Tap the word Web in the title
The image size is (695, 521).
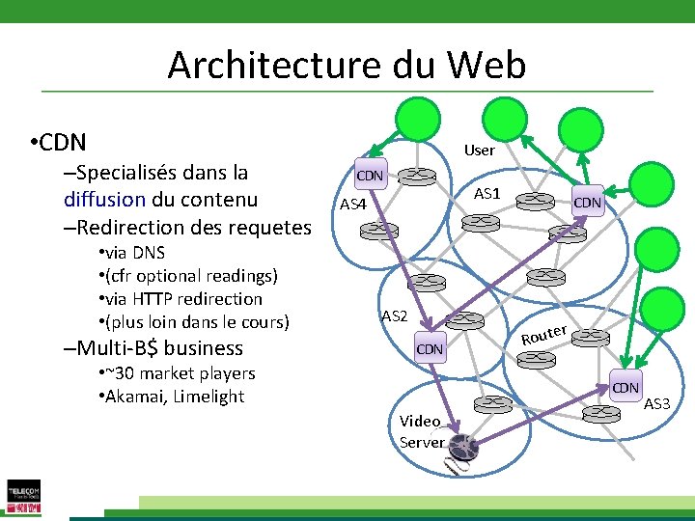click(486, 66)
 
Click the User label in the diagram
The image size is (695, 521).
click(479, 151)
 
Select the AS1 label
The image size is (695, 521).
click(487, 194)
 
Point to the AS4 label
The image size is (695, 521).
click(353, 205)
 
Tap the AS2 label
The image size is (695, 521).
click(395, 316)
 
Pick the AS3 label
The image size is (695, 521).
click(656, 402)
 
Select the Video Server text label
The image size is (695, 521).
click(421, 432)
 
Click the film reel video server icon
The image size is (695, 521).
click(462, 448)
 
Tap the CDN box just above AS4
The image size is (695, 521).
click(370, 176)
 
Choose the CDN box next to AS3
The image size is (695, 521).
click(625, 388)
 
